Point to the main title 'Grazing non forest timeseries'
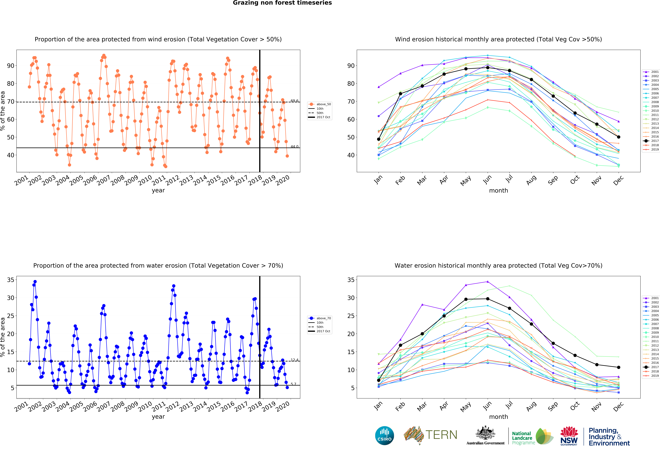click(x=282, y=3)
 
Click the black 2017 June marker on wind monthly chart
click(x=488, y=68)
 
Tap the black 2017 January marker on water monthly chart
click(x=379, y=380)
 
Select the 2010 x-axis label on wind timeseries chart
click(x=145, y=180)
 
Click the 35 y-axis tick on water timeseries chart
click(x=10, y=280)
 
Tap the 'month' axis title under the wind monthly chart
click(x=498, y=191)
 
